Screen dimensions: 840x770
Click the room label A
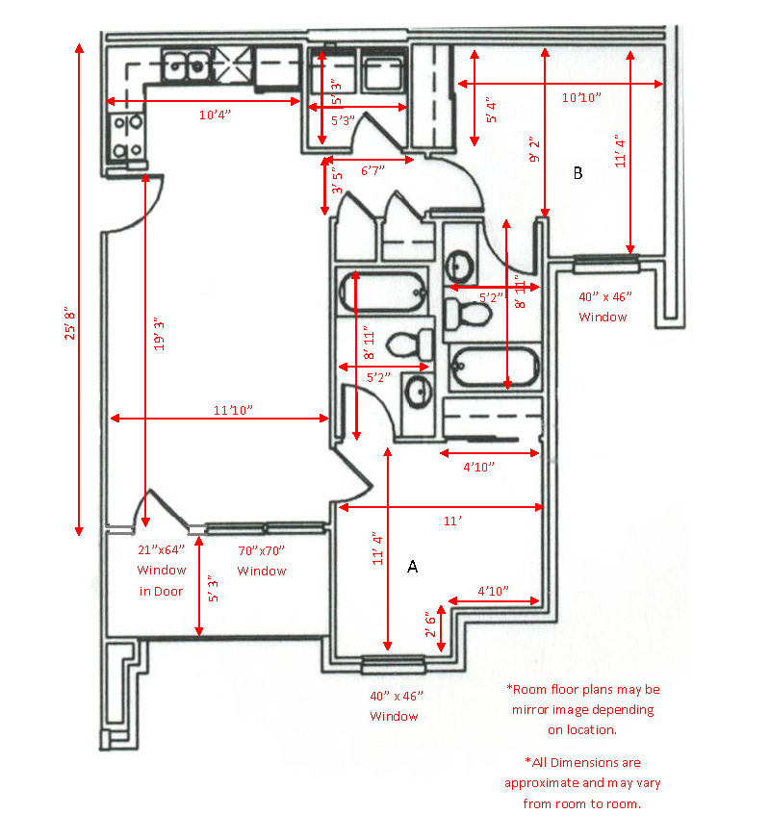pos(412,568)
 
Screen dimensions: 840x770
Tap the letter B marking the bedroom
pos(577,173)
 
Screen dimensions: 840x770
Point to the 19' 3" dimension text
pos(161,332)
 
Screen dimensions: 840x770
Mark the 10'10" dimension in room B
pos(581,97)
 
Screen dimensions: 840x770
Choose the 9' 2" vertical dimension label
pos(534,154)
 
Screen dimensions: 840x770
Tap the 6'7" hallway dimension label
pos(372,170)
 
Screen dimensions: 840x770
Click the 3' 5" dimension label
pos(336,183)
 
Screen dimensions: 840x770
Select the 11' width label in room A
pos(452,521)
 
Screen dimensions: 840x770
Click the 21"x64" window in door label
pos(161,551)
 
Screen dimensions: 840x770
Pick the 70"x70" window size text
pos(262,551)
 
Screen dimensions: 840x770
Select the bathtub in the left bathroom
pos(381,292)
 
